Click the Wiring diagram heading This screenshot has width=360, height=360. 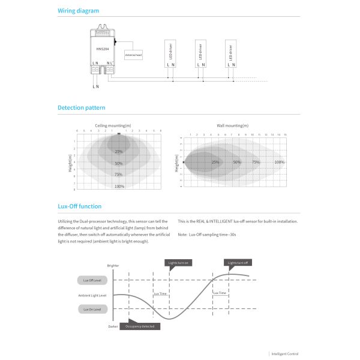(79, 11)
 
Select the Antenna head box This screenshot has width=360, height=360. (133, 55)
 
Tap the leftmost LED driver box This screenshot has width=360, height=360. (170, 52)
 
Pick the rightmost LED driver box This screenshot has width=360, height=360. (231, 52)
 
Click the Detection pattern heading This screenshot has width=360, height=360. (82, 108)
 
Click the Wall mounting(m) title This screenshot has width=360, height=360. (233, 126)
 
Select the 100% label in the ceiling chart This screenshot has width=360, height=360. (119, 187)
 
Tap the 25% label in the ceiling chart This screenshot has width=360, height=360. (119, 151)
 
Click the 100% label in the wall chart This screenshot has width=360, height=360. (279, 162)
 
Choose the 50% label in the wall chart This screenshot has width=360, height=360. (237, 162)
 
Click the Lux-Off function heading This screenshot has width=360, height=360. (79, 206)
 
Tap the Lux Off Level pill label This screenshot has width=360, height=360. (92, 280)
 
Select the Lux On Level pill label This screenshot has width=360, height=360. (92, 309)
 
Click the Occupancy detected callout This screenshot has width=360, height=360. (140, 326)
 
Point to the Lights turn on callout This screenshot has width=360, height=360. (178, 263)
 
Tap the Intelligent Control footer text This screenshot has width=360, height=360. (285, 354)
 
